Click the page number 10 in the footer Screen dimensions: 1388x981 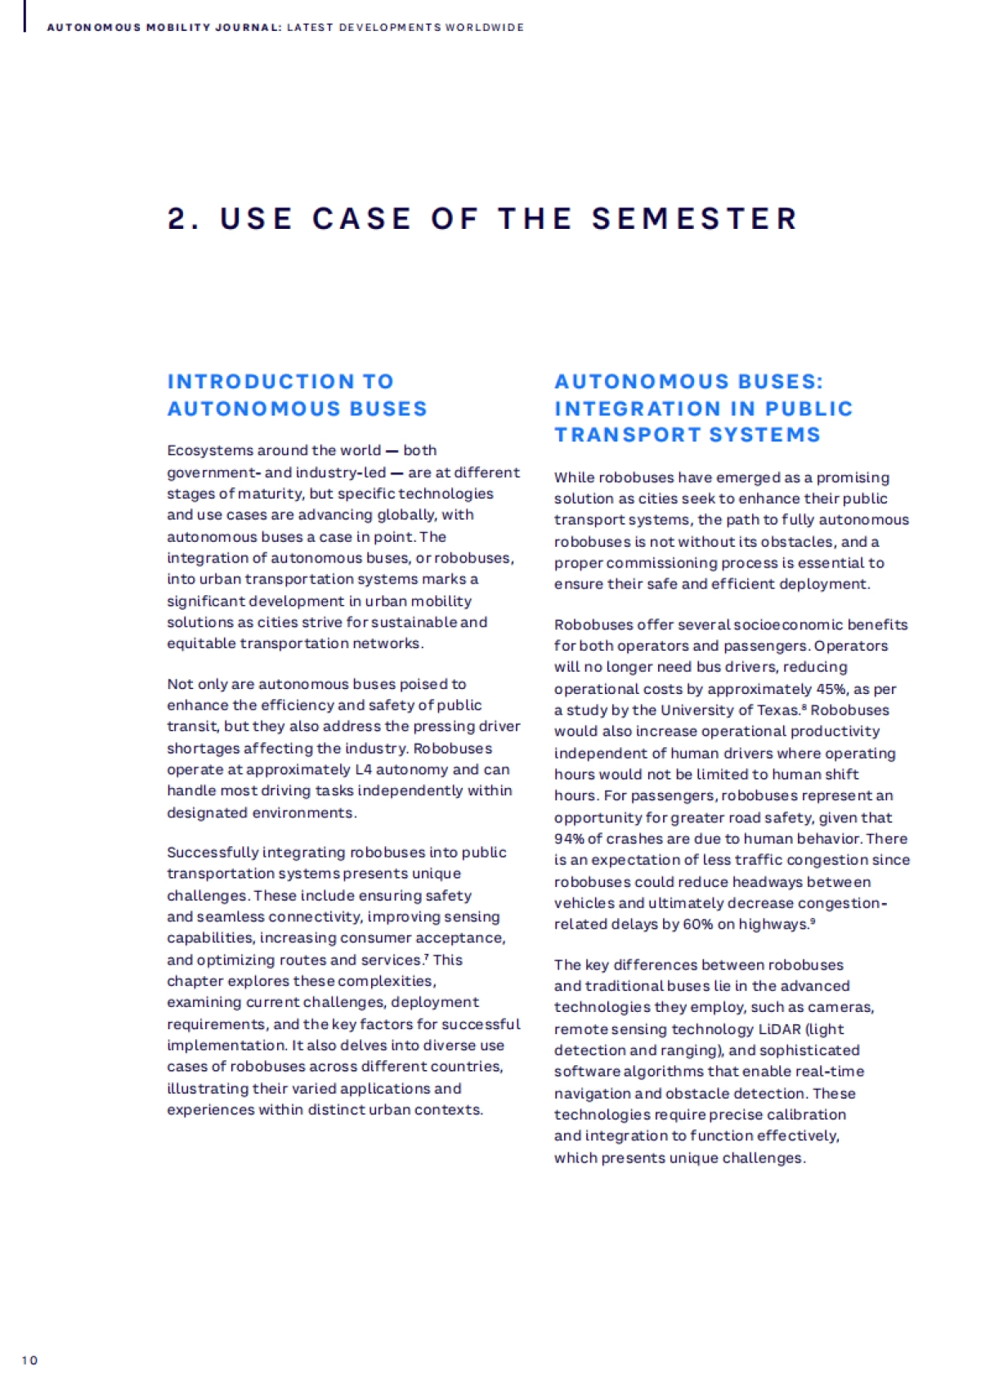point(29,1360)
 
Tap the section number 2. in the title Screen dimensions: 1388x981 point(184,219)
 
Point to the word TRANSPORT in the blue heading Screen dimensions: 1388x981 point(625,435)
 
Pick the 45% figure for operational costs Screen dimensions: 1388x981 point(831,688)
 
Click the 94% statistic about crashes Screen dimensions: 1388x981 point(569,839)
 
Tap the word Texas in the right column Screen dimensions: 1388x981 point(777,710)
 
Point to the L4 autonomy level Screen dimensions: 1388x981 point(364,769)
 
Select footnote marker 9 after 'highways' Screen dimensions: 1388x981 point(813,922)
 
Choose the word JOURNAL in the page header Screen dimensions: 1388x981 point(244,28)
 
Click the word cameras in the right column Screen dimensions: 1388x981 point(846,1007)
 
